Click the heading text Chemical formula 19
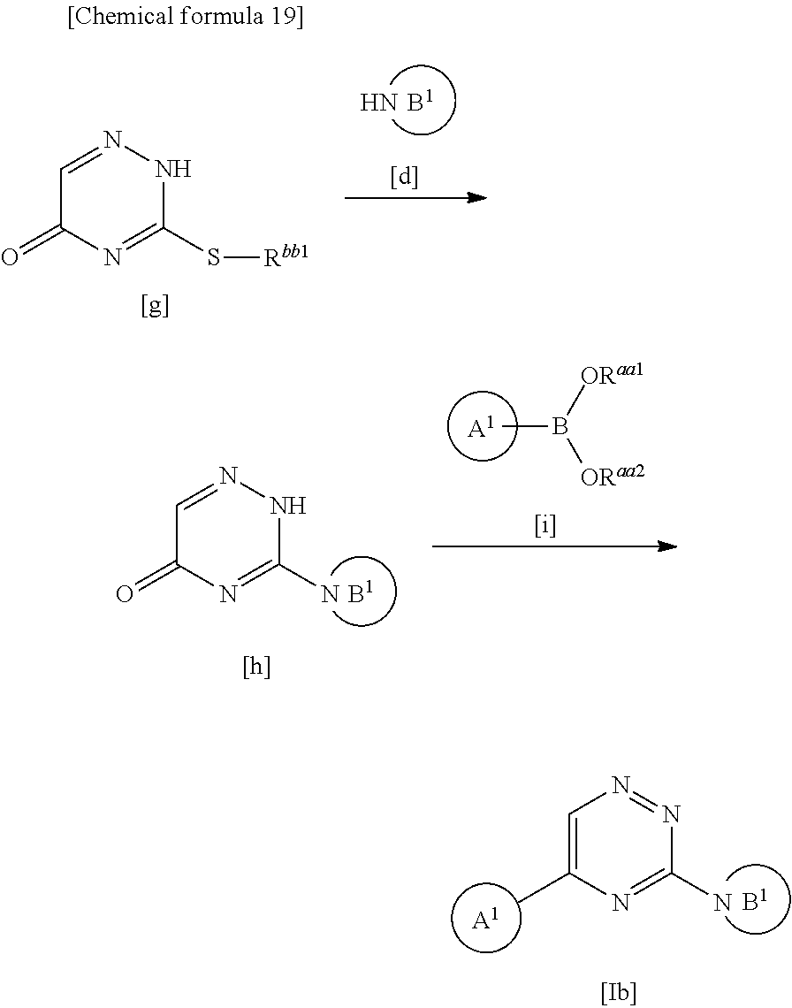coord(186,19)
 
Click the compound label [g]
coord(155,306)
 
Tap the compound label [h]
coord(256,667)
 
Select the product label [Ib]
coord(619,991)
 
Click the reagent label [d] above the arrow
coord(404,177)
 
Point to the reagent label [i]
coord(545,527)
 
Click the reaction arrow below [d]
coord(415,197)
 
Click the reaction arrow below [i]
coord(554,547)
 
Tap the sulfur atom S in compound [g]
coord(214,258)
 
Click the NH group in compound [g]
coord(172,170)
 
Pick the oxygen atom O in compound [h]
coord(125,594)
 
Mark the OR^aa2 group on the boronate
coord(612,477)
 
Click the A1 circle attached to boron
coord(481,429)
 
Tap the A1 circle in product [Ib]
coord(485,920)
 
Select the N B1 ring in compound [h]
coord(360,592)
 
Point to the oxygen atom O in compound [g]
coord(10,258)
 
